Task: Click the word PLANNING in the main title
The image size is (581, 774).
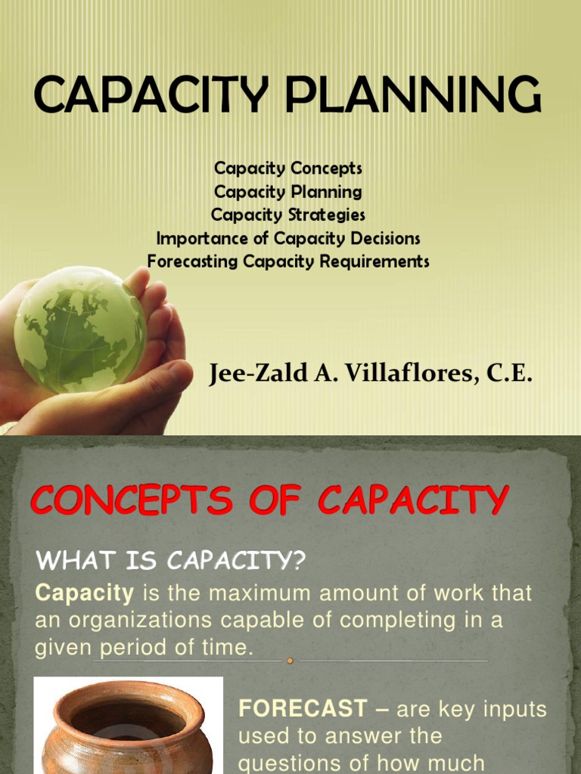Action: click(x=418, y=95)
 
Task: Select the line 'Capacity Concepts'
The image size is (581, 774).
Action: click(x=287, y=168)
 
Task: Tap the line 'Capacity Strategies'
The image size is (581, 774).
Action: click(x=287, y=215)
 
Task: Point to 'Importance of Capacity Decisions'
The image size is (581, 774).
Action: click(x=287, y=238)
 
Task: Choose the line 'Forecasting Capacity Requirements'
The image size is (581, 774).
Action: click(x=287, y=262)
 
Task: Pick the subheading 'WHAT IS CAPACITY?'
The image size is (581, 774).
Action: click(x=170, y=561)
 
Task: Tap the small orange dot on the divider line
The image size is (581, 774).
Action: click(x=290, y=660)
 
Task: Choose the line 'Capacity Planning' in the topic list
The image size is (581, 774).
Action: click(x=287, y=191)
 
